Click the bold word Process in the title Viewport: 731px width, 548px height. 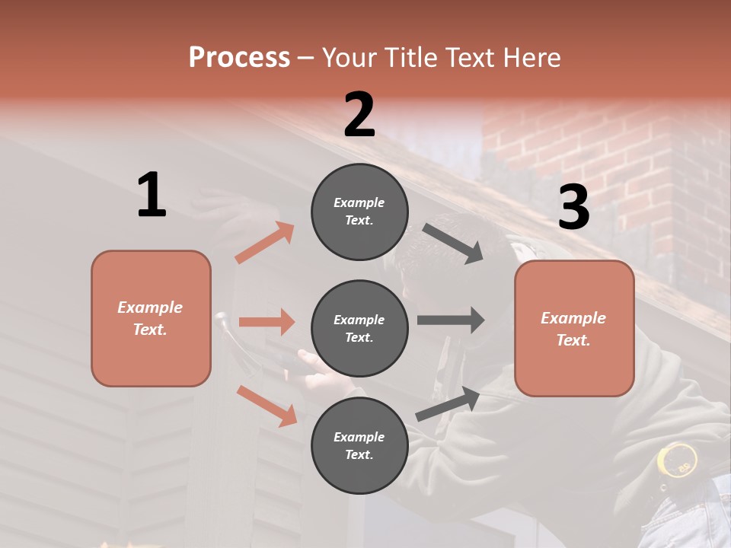[239, 58]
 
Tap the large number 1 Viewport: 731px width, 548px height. [152, 195]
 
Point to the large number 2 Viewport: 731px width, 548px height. [359, 115]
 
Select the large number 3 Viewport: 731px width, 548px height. [573, 207]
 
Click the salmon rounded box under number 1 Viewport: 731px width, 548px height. [151, 318]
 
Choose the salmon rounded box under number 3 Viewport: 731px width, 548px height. [574, 328]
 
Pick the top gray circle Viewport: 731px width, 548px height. [359, 212]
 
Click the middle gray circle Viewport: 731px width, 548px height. [359, 328]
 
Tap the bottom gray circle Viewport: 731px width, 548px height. [359, 445]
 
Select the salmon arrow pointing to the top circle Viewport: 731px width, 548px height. [265, 243]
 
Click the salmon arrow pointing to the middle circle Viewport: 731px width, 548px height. [267, 322]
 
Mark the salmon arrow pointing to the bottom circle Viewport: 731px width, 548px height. [267, 405]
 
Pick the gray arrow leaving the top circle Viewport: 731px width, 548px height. [452, 244]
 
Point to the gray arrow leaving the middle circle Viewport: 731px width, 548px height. [450, 320]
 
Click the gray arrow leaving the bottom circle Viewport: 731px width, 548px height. [448, 404]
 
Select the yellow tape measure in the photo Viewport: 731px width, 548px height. [677, 461]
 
